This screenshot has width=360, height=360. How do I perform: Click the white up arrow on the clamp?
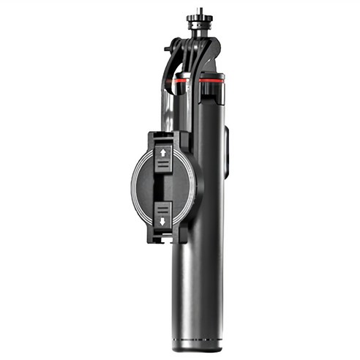click(163, 154)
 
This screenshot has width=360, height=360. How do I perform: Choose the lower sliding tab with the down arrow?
click(163, 212)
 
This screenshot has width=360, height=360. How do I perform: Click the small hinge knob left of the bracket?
click(168, 48)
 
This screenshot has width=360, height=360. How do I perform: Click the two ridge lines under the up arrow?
click(163, 165)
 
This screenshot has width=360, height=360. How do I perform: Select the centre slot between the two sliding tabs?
click(163, 186)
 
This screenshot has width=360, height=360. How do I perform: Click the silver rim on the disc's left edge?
click(134, 186)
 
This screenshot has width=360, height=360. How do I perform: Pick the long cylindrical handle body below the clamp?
click(196, 285)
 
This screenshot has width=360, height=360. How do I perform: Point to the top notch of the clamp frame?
click(163, 136)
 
